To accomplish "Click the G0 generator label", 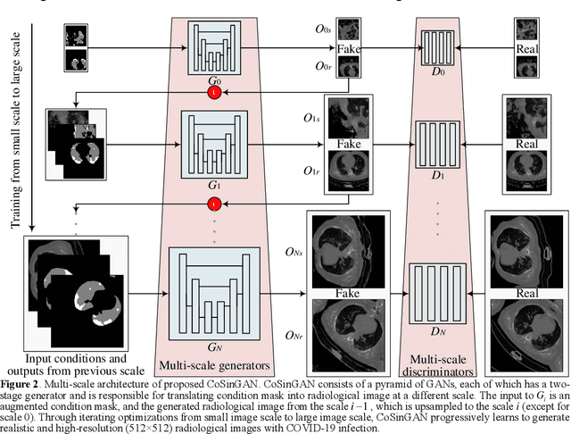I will pyautogui.click(x=213, y=79).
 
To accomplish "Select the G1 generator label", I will pyautogui.click(x=213, y=185).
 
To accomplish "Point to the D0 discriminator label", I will pyautogui.click(x=436, y=69).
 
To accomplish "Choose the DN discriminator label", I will pyautogui.click(x=436, y=331).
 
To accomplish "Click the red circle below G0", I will pyautogui.click(x=213, y=93).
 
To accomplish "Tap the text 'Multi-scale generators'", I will pyautogui.click(x=214, y=364).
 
